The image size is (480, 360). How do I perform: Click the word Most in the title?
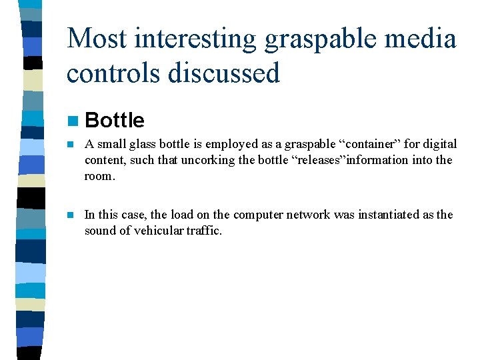point(95,38)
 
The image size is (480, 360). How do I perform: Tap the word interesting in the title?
point(195,38)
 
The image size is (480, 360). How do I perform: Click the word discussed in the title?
point(225,72)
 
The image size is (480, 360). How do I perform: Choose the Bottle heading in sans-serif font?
point(115,120)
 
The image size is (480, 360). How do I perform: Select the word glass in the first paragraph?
point(139,144)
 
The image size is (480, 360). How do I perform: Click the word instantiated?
point(386,215)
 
